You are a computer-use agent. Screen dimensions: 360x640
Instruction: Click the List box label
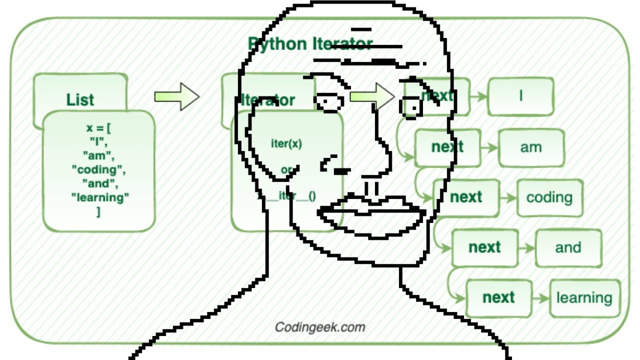pyautogui.click(x=80, y=99)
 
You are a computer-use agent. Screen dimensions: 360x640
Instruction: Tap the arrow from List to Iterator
pyautogui.click(x=176, y=96)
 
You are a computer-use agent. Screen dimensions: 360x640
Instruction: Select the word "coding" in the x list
pyautogui.click(x=98, y=169)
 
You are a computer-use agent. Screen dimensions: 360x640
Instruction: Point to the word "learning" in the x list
pyautogui.click(x=100, y=197)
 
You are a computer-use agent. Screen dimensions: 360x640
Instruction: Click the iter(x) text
pyautogui.click(x=286, y=144)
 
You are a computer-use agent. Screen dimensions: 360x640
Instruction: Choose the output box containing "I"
pyautogui.click(x=520, y=96)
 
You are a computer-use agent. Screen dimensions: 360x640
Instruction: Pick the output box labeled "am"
pyautogui.click(x=531, y=147)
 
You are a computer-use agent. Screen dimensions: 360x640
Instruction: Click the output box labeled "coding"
pyautogui.click(x=549, y=197)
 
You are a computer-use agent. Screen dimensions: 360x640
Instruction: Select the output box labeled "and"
pyautogui.click(x=568, y=247)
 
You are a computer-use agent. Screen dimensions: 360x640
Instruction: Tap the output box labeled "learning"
pyautogui.click(x=584, y=298)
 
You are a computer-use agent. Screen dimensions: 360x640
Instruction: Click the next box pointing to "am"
pyautogui.click(x=447, y=147)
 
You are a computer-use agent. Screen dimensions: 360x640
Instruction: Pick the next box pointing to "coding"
pyautogui.click(x=466, y=197)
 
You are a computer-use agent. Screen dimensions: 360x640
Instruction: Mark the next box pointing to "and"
pyautogui.click(x=484, y=247)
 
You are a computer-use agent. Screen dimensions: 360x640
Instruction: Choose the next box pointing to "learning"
pyautogui.click(x=498, y=297)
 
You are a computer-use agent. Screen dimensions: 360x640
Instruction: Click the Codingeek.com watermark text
pyautogui.click(x=320, y=327)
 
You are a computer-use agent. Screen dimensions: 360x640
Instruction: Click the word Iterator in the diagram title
pyautogui.click(x=343, y=44)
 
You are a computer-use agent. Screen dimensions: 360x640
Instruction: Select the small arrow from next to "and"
pyautogui.click(x=526, y=247)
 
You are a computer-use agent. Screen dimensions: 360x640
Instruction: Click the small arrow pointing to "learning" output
pyautogui.click(x=540, y=298)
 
